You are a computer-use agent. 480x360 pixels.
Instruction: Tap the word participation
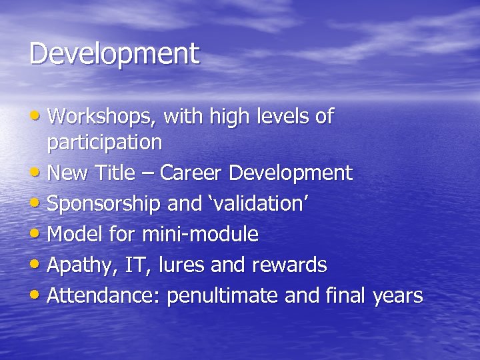[104, 143]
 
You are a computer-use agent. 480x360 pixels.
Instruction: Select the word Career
[193, 173]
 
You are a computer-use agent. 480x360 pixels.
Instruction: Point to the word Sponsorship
[104, 204]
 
